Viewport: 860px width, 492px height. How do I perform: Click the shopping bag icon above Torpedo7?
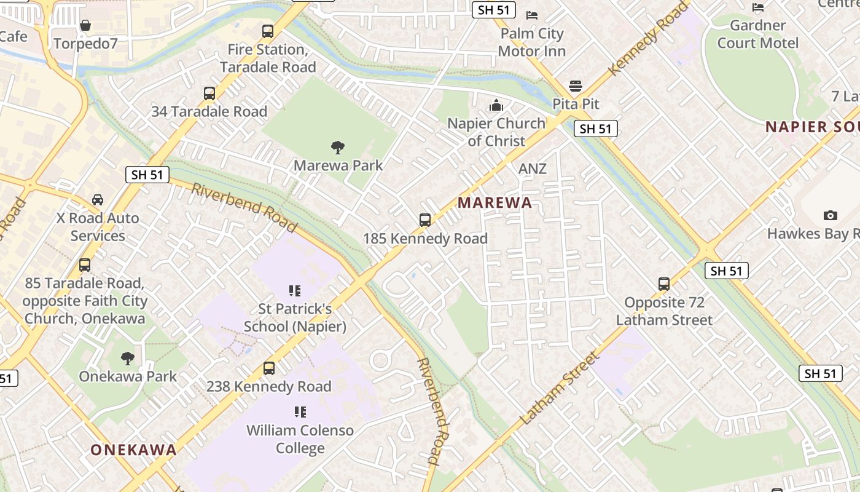85,25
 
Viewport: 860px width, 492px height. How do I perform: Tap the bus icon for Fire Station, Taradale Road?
268,31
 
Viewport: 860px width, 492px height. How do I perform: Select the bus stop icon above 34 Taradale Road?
209,93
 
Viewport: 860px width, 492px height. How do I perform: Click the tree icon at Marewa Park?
337,147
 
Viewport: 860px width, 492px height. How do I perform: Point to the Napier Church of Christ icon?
496,105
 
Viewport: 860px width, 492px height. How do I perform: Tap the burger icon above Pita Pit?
576,85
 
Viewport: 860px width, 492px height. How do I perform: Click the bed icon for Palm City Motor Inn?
532,15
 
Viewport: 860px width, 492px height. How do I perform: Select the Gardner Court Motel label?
758,34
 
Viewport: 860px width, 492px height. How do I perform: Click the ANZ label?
532,169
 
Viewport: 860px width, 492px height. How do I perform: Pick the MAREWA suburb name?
495,203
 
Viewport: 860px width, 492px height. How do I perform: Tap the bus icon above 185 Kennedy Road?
424,220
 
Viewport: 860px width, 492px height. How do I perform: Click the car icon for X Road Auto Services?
98,200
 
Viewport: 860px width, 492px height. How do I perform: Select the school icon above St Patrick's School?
295,290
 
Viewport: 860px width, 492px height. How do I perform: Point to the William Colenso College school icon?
300,411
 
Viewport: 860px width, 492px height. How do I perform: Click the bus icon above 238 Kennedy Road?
269,368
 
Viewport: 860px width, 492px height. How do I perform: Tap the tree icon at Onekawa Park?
128,358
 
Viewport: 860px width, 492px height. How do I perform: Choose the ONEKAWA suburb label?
134,450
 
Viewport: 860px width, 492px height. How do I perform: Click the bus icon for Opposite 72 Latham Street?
664,284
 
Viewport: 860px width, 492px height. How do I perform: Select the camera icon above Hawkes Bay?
831,215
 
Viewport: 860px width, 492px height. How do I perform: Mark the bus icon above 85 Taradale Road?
85,265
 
